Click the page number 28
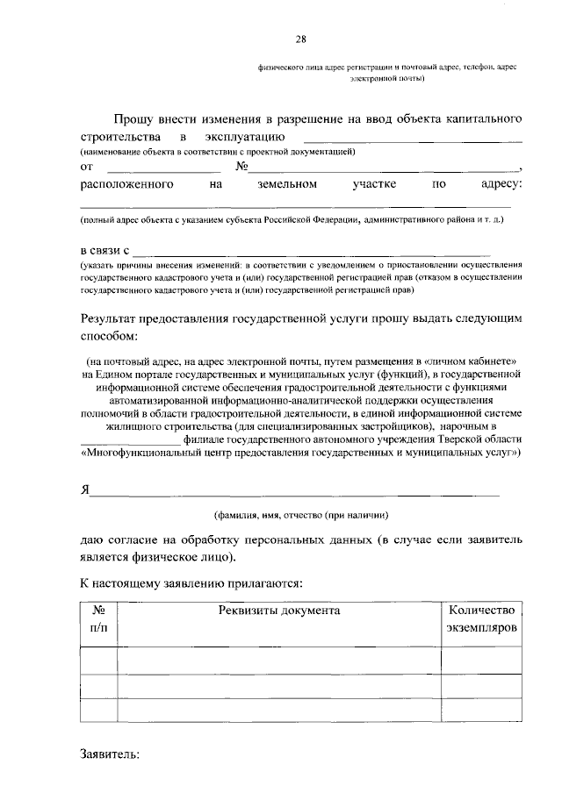(x=301, y=39)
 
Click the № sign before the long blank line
(x=244, y=167)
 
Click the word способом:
(x=110, y=336)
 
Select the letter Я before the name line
(x=85, y=489)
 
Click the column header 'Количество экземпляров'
(x=482, y=619)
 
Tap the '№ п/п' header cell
(x=97, y=619)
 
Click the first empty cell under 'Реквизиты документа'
(x=278, y=660)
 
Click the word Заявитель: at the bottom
(x=110, y=754)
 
